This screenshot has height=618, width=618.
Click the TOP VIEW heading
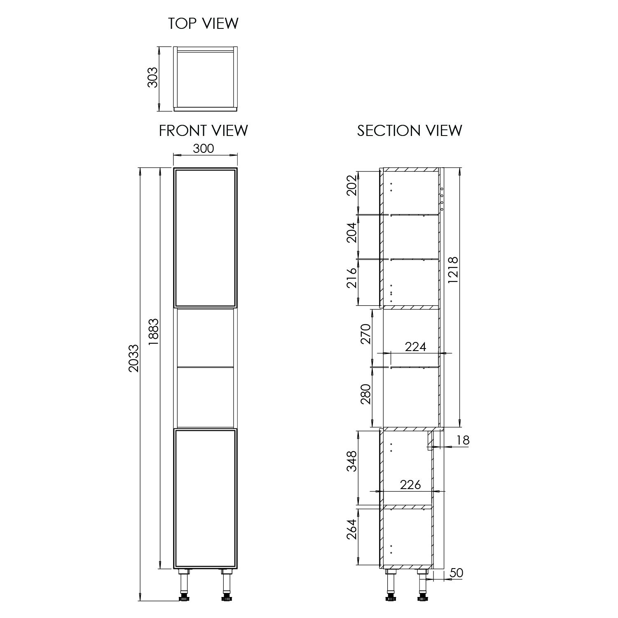click(203, 23)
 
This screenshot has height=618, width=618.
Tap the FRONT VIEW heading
click(204, 131)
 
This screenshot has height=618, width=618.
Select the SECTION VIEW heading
click(410, 131)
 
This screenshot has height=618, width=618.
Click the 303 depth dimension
click(153, 77)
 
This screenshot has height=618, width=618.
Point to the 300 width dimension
click(204, 148)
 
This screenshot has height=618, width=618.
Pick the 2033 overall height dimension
click(134, 358)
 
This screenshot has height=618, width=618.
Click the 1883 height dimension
click(153, 331)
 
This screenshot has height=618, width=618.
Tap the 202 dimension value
click(351, 186)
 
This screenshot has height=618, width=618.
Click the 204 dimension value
click(351, 232)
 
